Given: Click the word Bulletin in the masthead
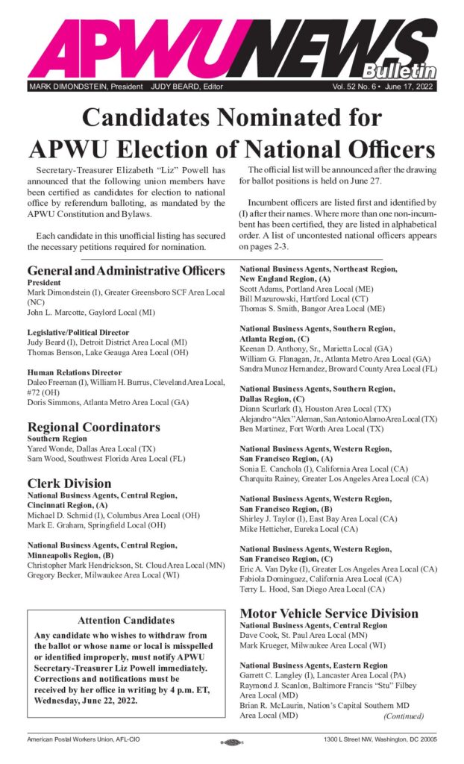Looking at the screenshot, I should [399, 71].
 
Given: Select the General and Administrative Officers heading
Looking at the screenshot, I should [125, 270].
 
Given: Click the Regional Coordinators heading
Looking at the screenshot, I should [94, 427].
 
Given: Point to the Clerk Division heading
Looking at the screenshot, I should [69, 483].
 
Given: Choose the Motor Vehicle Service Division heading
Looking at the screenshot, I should [329, 613].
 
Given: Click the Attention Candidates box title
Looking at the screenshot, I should [125, 620].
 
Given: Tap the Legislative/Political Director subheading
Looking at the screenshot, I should [78, 332].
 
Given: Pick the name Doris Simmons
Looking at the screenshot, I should [54, 401].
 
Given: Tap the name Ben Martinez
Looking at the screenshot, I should [263, 429].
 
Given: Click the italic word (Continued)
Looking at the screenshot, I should [404, 716].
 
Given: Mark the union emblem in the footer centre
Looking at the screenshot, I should [231, 742].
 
